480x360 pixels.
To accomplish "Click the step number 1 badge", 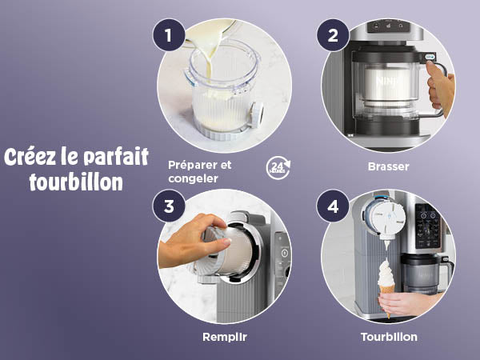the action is tap(169, 35).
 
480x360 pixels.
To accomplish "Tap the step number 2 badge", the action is tap(333, 35).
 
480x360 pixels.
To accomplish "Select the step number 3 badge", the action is tap(169, 206).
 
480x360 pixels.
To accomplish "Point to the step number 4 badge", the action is tap(333, 206).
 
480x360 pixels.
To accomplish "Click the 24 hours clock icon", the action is tap(278, 168).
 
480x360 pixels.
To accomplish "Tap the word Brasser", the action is tap(389, 167).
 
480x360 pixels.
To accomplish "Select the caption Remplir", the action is tap(225, 337).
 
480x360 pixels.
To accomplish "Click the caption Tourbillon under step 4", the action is tap(389, 337).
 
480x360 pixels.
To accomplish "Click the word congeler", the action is tap(193, 178).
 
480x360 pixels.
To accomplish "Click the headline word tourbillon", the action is tap(76, 182).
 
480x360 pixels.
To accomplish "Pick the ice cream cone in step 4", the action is tap(386, 298).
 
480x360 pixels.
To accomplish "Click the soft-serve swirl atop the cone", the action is tap(386, 274).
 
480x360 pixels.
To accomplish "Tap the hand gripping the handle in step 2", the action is tap(440, 88).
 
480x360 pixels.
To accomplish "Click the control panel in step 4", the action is tap(428, 226).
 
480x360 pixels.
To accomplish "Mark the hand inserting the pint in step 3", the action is tap(192, 242).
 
